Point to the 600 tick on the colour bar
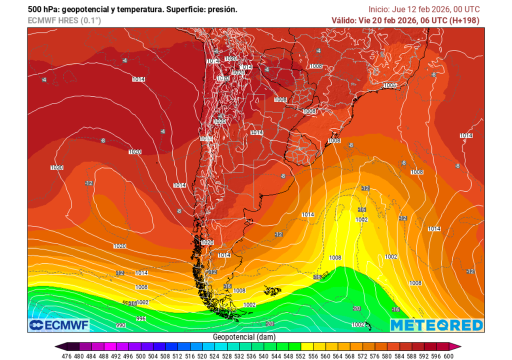tap(448, 355)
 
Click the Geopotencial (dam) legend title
tap(244, 337)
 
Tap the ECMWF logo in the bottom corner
tap(58, 325)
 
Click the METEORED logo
tap(436, 325)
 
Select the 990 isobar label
tap(120, 325)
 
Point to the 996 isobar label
tap(141, 318)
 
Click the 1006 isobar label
tap(390, 85)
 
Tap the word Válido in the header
tap(344, 20)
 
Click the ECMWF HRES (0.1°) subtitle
tap(64, 20)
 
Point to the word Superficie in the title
tap(186, 9)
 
